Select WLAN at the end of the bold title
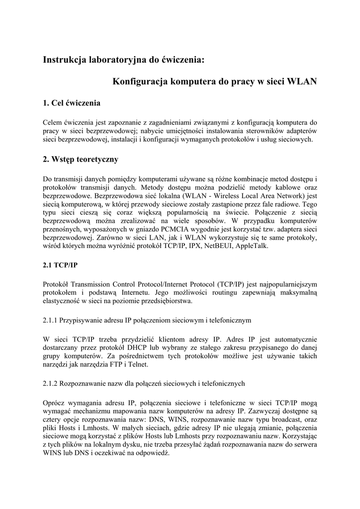(x=302, y=81)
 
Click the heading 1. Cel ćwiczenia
(x=72, y=103)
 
